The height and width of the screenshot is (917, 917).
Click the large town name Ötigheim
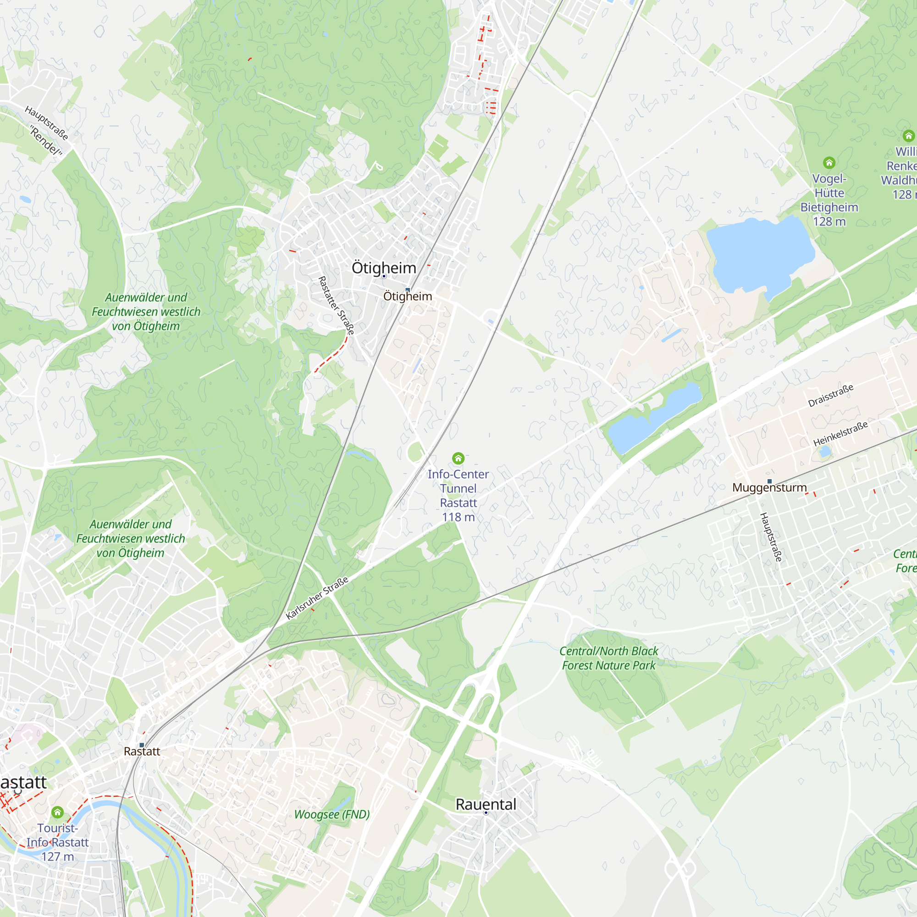click(x=383, y=268)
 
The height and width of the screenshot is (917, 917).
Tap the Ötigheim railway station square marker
click(x=407, y=289)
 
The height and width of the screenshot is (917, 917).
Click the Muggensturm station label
click(x=769, y=487)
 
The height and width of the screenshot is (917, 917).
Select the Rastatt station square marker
click(x=141, y=745)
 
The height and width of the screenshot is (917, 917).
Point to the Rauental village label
click(x=486, y=804)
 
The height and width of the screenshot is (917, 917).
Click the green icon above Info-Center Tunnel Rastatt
click(x=458, y=458)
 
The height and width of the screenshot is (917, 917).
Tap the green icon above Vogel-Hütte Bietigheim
click(x=829, y=163)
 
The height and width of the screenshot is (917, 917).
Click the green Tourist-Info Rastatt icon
click(x=57, y=812)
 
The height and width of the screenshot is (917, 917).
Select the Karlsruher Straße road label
click(x=317, y=597)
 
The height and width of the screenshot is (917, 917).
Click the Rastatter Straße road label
click(x=336, y=306)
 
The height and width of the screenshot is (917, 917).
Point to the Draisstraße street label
click(x=831, y=395)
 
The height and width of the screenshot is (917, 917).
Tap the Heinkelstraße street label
click(x=840, y=434)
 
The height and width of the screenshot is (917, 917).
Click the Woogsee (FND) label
click(x=332, y=814)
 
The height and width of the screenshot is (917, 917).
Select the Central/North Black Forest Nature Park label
click(x=608, y=658)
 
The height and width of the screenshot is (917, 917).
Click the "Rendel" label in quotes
click(x=46, y=141)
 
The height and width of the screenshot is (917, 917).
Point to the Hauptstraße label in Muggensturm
click(x=771, y=537)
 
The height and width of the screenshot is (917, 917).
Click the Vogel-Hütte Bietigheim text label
click(x=829, y=200)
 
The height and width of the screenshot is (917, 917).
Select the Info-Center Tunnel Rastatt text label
click(x=458, y=496)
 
